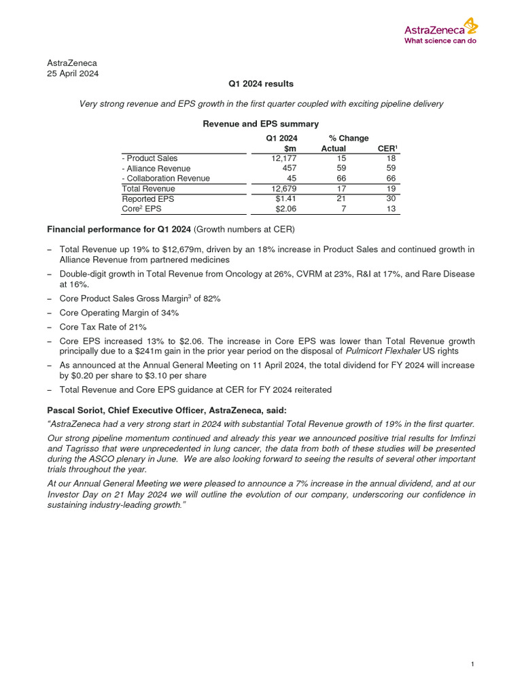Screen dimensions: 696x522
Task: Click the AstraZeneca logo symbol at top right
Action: (x=470, y=26)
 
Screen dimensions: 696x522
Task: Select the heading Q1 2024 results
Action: (x=260, y=84)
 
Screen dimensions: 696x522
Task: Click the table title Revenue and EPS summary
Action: (x=260, y=124)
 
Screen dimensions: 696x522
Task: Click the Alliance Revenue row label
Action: (x=156, y=169)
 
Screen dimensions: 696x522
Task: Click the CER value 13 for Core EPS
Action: (x=391, y=209)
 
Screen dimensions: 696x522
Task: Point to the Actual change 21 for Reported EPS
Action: (x=341, y=199)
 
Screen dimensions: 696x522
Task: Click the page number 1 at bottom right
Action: (x=472, y=664)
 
